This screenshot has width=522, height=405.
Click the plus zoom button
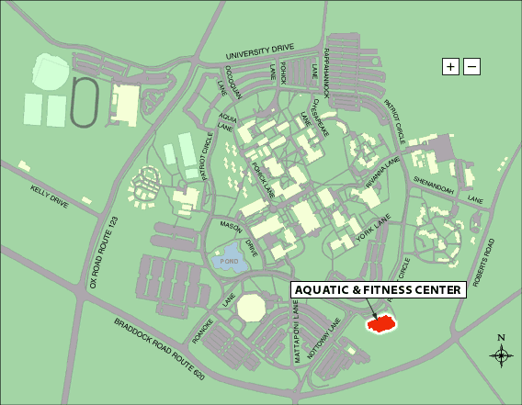click(450, 66)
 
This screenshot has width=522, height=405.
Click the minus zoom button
click(471, 66)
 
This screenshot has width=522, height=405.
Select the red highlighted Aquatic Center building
click(380, 323)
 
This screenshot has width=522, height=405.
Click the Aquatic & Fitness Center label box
click(379, 290)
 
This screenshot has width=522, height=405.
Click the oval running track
click(85, 100)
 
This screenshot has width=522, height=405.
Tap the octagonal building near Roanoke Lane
click(251, 309)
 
